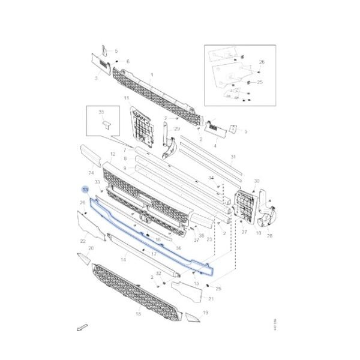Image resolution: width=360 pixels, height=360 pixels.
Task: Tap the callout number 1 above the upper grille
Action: [x=152, y=75]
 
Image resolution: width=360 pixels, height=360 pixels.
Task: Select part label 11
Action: [x=127, y=98]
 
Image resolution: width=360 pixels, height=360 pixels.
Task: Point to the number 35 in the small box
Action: [x=101, y=112]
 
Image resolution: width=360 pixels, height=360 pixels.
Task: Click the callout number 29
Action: [x=177, y=129]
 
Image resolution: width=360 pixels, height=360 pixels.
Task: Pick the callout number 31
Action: [x=233, y=158]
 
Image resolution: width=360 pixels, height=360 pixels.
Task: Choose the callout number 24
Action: [x=91, y=173]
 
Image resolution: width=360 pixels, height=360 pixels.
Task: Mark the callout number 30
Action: [x=256, y=181]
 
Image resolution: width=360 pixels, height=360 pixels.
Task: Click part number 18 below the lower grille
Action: [x=138, y=314]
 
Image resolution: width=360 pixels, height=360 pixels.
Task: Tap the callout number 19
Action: [x=205, y=313]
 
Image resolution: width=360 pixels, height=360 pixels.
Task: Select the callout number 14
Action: [x=123, y=260]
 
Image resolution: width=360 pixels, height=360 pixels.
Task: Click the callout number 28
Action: [x=269, y=236]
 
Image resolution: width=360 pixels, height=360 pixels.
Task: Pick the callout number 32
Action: [x=158, y=273]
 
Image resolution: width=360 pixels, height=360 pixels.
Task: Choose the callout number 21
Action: [x=211, y=298]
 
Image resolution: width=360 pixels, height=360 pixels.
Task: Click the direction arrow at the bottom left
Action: [x=81, y=328]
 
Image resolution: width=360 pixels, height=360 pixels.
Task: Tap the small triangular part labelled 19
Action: [x=191, y=316]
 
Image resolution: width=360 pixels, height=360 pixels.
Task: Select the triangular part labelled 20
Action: [x=84, y=259]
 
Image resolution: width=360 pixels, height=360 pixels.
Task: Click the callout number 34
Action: [x=211, y=178]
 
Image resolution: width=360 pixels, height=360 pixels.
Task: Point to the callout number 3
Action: [x=96, y=78]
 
